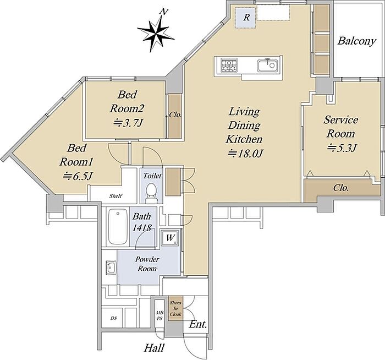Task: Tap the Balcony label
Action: (x=357, y=41)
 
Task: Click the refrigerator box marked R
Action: (x=246, y=18)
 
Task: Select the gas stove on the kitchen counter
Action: (x=229, y=65)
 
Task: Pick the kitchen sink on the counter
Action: (x=267, y=65)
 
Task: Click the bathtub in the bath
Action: (x=118, y=227)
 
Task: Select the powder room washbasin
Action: (x=111, y=267)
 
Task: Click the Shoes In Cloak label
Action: (x=175, y=308)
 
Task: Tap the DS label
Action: (x=113, y=318)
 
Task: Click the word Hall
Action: (x=154, y=348)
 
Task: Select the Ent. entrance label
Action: (x=198, y=324)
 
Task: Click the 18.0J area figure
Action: (x=245, y=154)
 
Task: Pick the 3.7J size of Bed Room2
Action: (x=128, y=123)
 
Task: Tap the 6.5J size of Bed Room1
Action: (x=78, y=176)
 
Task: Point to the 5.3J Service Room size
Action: (x=342, y=148)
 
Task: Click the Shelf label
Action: (x=116, y=196)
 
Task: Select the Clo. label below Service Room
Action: (x=341, y=188)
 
